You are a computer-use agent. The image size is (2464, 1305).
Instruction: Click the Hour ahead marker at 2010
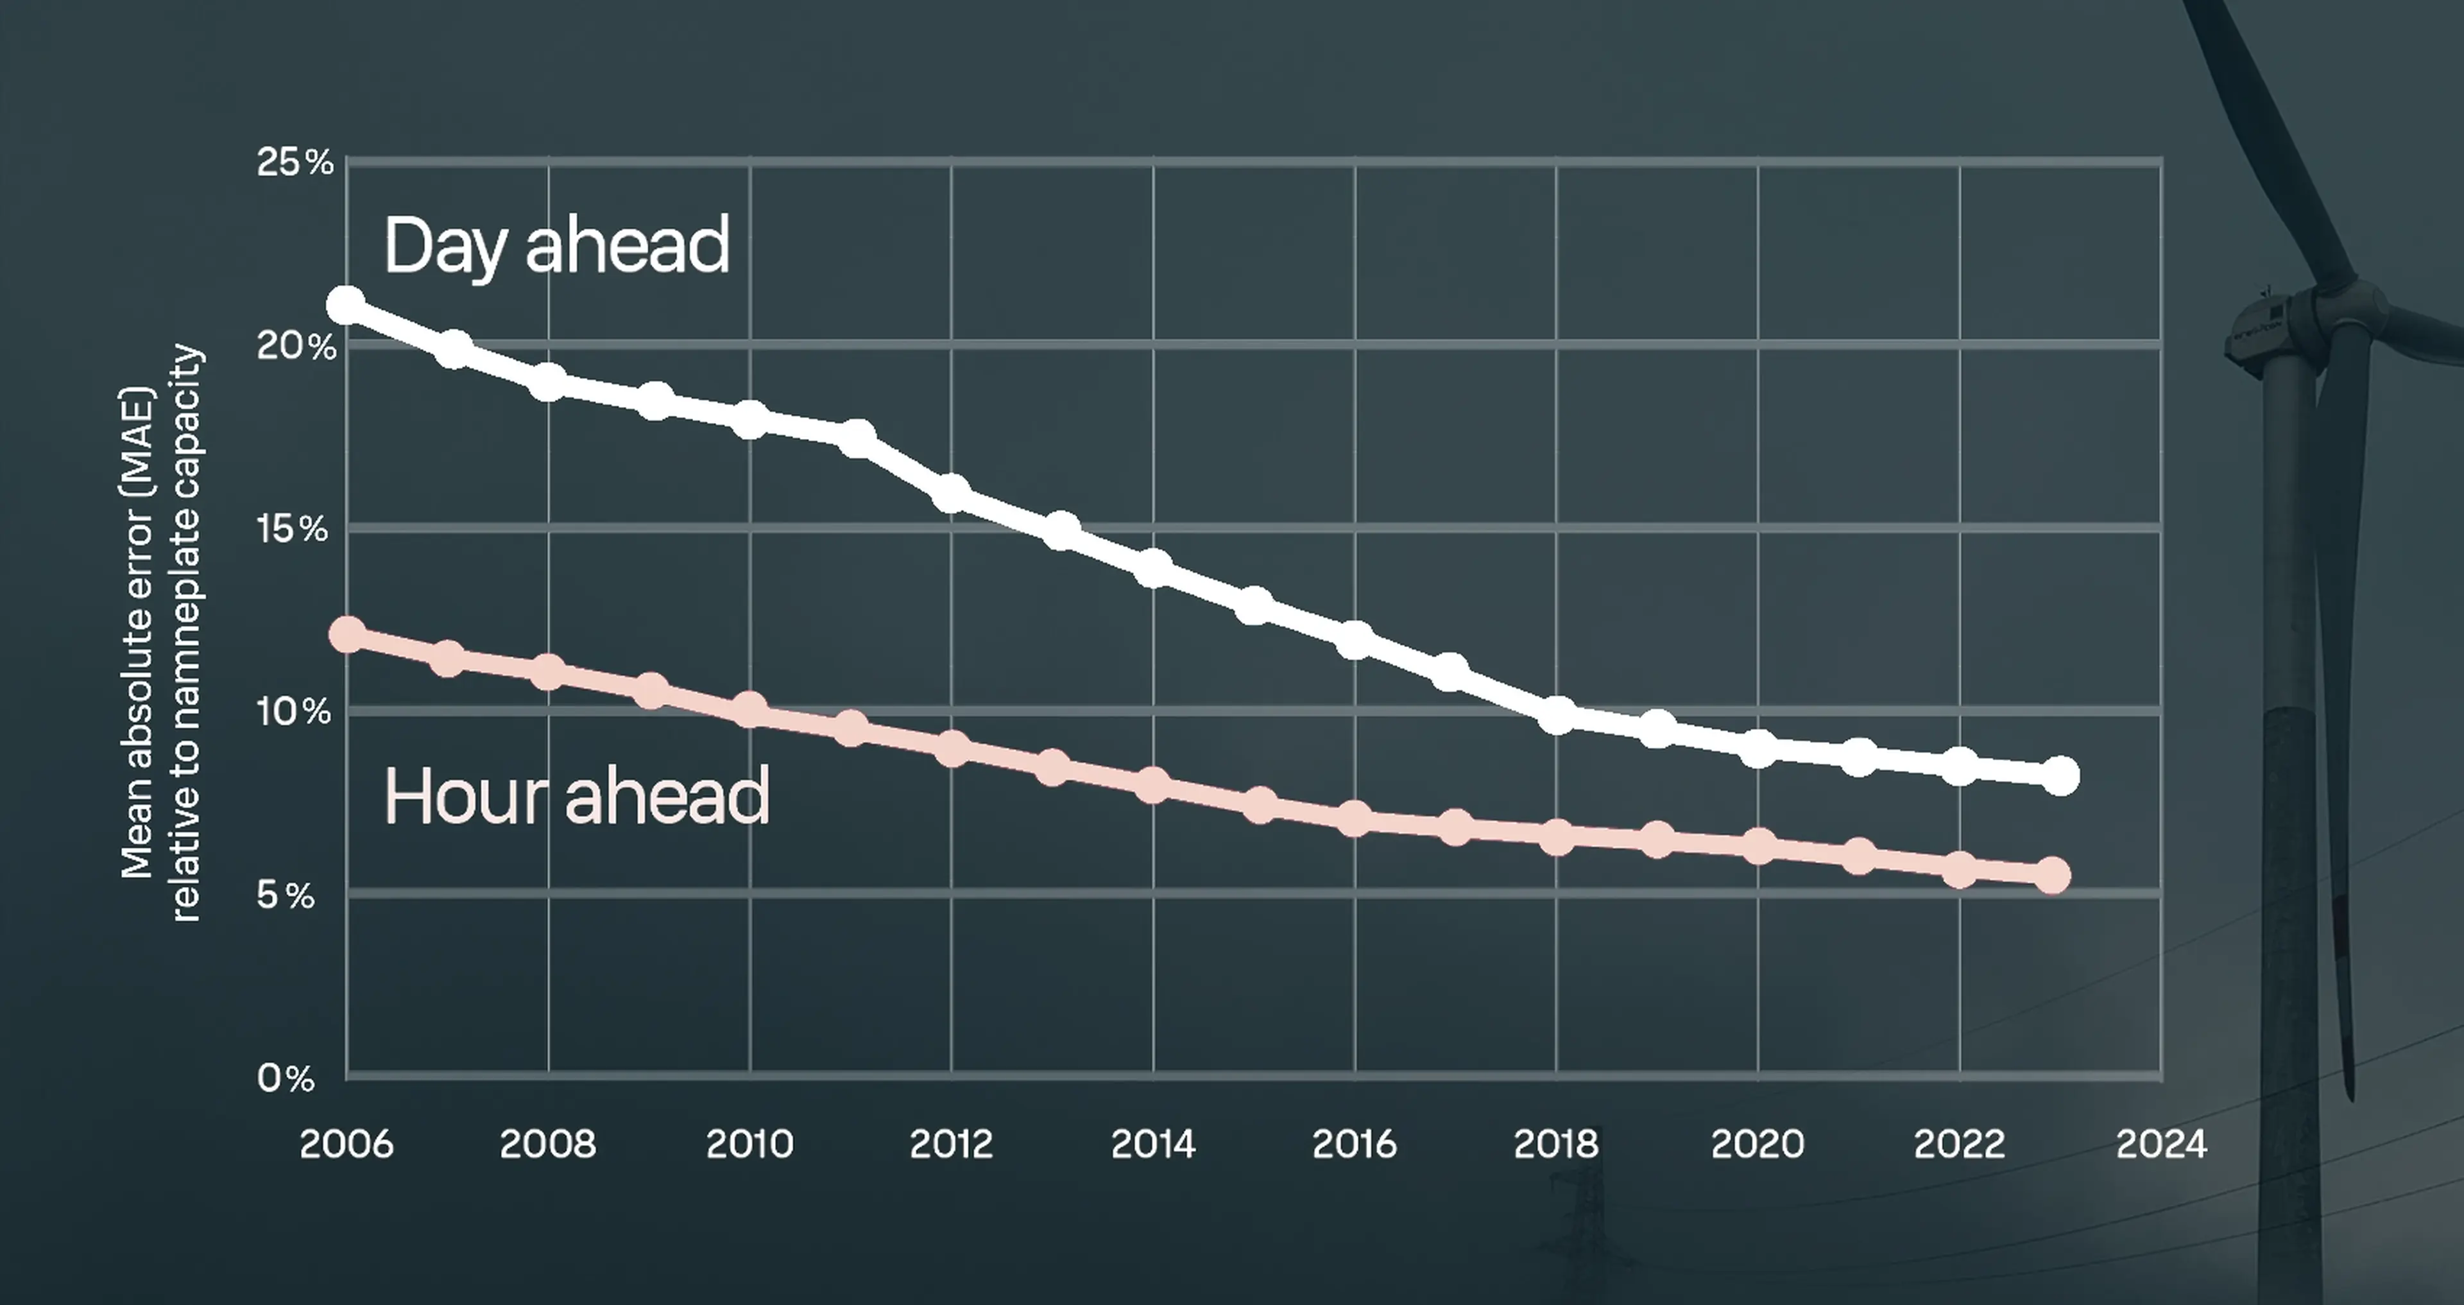click(750, 711)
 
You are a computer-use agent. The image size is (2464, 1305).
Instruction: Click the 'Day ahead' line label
click(557, 246)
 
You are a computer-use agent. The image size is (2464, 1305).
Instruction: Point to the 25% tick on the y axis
click(294, 162)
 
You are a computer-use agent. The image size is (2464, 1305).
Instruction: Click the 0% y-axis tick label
click(285, 1078)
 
